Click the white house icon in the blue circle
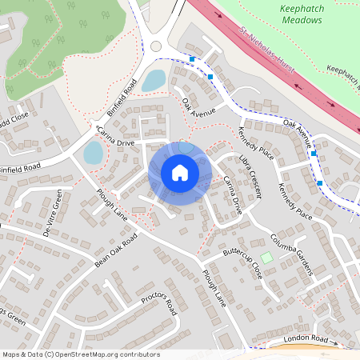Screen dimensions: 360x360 (180, 173)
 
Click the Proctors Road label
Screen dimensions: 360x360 (158, 303)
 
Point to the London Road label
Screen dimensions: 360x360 (306, 340)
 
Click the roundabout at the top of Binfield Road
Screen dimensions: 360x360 (156, 46)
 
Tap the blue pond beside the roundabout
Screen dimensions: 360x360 (154, 80)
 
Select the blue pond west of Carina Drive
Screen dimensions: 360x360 (94, 152)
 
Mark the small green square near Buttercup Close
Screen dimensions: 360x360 (266, 258)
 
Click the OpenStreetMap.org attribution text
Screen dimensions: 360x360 (80, 354)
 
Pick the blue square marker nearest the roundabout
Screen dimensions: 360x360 (192, 58)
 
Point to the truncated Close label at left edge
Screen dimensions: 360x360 (14, 123)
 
